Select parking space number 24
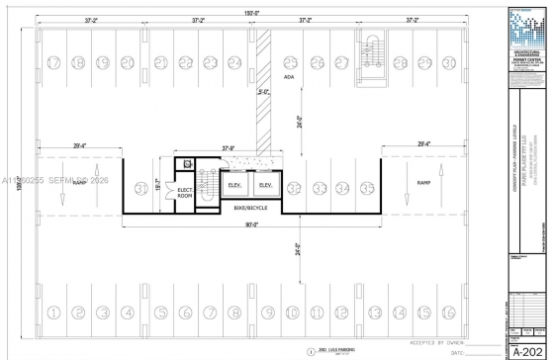(233, 62)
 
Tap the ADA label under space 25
(289, 76)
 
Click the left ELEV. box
(234, 185)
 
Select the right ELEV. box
(265, 185)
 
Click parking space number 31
(141, 187)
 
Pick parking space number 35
(367, 187)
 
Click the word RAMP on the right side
(422, 184)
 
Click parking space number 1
(54, 313)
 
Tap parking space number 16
(450, 313)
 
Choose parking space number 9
(266, 313)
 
